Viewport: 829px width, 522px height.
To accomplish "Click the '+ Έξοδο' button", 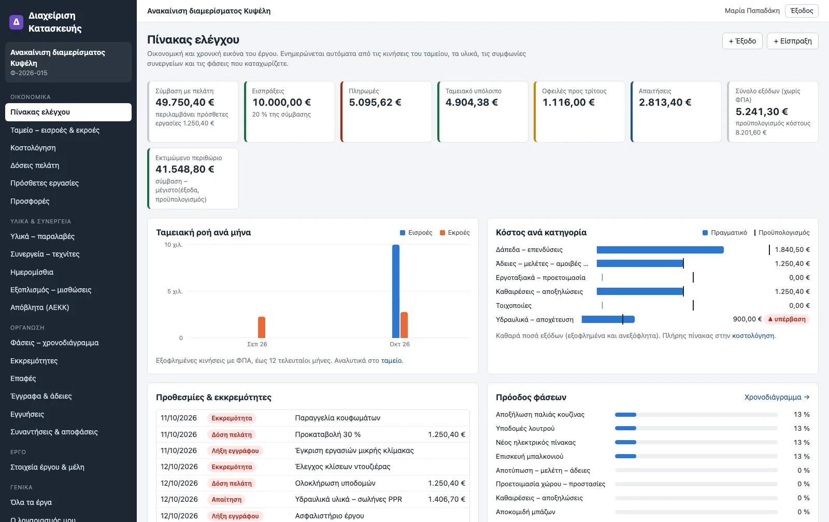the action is pos(742,41).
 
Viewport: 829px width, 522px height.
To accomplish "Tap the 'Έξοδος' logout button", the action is pos(802,11).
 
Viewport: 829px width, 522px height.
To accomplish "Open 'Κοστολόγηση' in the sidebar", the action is pos(33,148).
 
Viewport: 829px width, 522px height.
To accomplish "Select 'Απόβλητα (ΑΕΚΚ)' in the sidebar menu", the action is pos(39,307).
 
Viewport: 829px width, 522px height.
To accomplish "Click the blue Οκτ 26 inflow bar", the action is pos(396,291).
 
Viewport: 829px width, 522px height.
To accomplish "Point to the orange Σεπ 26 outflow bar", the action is pos(262,327).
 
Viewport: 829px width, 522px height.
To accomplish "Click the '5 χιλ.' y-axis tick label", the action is pos(175,291).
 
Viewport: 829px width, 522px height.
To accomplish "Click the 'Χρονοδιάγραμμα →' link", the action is pos(777,397).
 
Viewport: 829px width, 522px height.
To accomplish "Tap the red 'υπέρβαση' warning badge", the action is pos(787,319).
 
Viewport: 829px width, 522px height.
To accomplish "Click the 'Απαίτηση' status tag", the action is pos(226,499).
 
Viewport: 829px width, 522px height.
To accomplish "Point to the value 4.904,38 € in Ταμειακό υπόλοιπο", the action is pos(471,102).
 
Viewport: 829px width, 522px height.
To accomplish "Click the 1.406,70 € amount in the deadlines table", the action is pos(446,499).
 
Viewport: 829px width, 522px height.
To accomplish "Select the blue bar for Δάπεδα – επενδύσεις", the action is pos(660,250).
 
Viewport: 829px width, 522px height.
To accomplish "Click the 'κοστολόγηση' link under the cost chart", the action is pos(753,336).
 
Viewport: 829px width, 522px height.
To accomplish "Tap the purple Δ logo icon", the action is pos(16,22).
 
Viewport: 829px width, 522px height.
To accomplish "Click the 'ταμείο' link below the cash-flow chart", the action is pos(391,361).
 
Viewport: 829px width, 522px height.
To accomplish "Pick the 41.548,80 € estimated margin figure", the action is pos(184,169).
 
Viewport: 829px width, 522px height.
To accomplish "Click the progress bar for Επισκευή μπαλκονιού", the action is pos(696,457).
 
